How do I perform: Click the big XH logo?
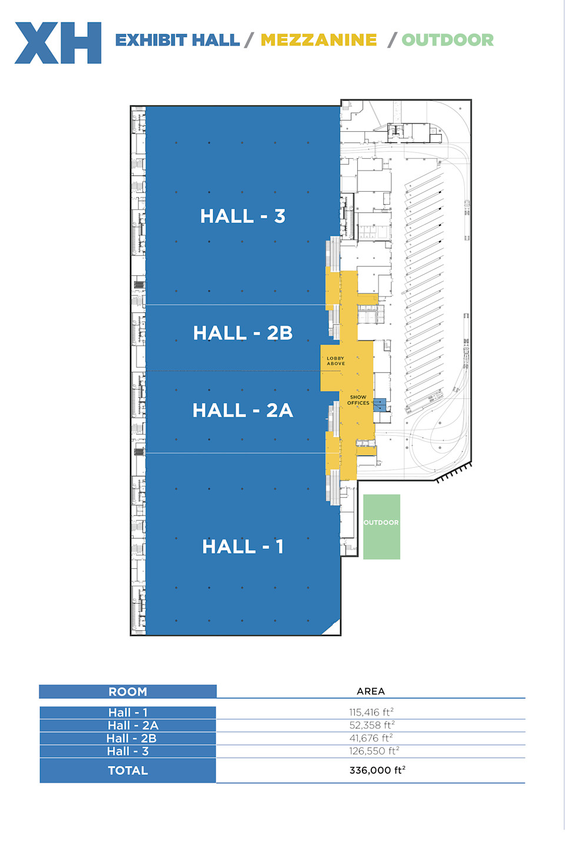[x=58, y=43]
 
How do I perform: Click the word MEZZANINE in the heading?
[x=319, y=40]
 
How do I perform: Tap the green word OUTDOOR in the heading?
[x=448, y=40]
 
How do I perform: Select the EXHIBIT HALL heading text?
[x=177, y=40]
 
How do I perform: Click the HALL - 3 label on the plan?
[x=242, y=216]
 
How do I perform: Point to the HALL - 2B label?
[x=242, y=333]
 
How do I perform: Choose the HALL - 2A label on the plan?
[x=242, y=411]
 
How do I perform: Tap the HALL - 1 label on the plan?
[x=242, y=546]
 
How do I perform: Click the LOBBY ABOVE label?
[x=335, y=361]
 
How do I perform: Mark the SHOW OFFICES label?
[x=358, y=400]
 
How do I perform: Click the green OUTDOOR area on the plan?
[x=381, y=527]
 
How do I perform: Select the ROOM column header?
[x=128, y=692]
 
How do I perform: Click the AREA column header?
[x=371, y=691]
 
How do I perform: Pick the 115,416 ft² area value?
[x=371, y=712]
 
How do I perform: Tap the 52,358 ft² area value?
[x=372, y=725]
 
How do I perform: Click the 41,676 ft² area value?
[x=371, y=738]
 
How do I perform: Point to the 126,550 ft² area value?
[x=374, y=751]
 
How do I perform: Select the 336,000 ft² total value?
[x=377, y=770]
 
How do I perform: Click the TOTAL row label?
[x=128, y=771]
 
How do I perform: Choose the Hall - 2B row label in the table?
[x=131, y=738]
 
